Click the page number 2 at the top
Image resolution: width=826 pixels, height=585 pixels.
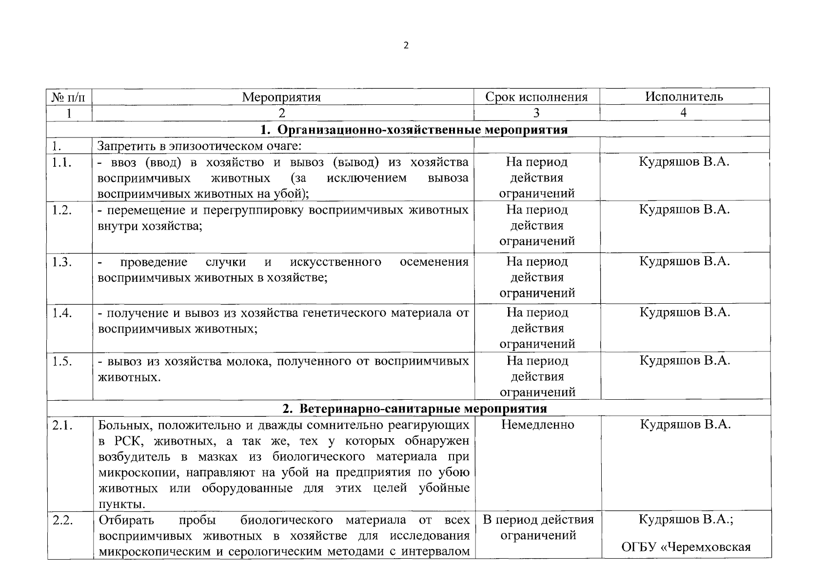pos(406,45)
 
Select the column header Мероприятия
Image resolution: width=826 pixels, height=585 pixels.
pos(281,97)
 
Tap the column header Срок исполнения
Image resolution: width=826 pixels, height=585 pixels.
pos(536,97)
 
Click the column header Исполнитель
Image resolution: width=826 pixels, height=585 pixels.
pos(684,96)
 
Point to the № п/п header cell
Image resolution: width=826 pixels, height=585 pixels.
pos(69,97)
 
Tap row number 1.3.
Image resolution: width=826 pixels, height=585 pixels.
pos(62,262)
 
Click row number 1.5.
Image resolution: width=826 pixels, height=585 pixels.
pos(62,361)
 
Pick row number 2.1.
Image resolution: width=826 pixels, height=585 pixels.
pos(63,425)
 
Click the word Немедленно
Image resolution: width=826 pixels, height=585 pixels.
pos(537,425)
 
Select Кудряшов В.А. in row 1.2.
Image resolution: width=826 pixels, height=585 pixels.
pos(684,210)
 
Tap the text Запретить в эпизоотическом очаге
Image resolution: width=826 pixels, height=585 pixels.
pos(200,145)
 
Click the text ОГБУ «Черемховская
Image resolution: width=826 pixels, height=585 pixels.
pos(686,546)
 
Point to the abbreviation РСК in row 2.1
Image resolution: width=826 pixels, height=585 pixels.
pos(128,441)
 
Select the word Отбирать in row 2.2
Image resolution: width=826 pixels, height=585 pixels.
pos(126,520)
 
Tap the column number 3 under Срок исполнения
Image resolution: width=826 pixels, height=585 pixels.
pos(536,113)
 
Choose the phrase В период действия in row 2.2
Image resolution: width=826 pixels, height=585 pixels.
pos(538,519)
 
